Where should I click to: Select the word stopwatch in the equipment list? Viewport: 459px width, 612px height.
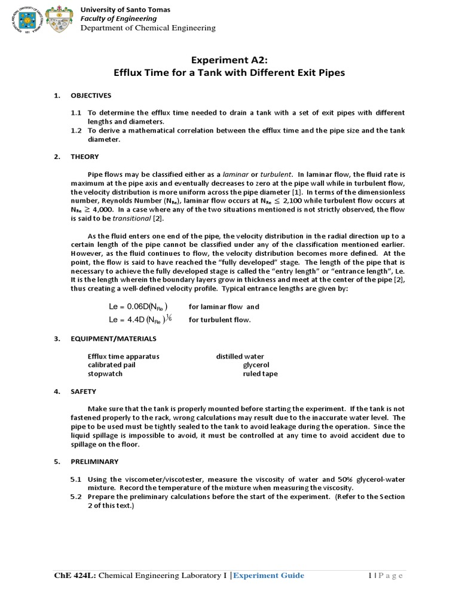[x=105, y=374]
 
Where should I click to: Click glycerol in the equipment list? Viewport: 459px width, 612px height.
[x=256, y=365]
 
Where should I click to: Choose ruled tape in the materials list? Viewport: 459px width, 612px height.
[x=260, y=374]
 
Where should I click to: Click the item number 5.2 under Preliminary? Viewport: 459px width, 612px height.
[x=76, y=497]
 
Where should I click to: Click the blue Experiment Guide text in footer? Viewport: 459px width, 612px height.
[x=268, y=576]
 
